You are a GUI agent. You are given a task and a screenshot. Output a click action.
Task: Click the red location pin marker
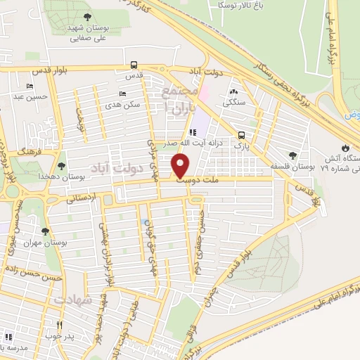coord(181,166)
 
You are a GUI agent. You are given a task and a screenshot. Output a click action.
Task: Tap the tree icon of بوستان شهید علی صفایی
coord(86,17)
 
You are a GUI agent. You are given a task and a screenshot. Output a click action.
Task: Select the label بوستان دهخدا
coord(82,176)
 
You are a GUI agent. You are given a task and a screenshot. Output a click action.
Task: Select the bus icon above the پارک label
coord(242,135)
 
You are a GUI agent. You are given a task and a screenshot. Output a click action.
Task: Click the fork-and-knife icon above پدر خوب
coord(60,326)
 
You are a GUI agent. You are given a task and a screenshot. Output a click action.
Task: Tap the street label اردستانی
coord(82,199)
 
